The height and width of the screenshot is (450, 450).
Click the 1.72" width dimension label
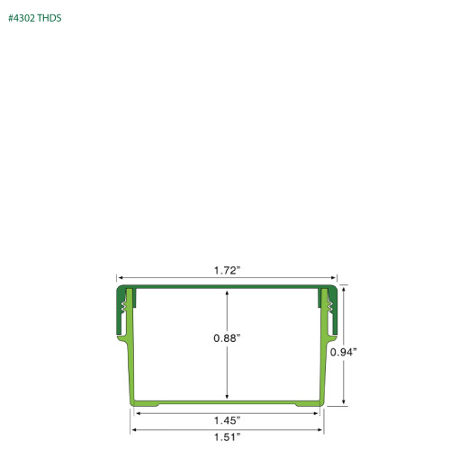pos(227,269)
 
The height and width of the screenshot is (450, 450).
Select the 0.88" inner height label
pos(227,337)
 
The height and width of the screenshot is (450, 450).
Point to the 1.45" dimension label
pos(227,421)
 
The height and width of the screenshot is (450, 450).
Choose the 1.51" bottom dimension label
pos(227,436)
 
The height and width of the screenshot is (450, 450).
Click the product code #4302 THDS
pos(36,17)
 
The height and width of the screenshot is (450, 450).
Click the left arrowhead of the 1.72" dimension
pos(119,280)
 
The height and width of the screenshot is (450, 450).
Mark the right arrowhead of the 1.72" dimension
pos(335,280)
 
